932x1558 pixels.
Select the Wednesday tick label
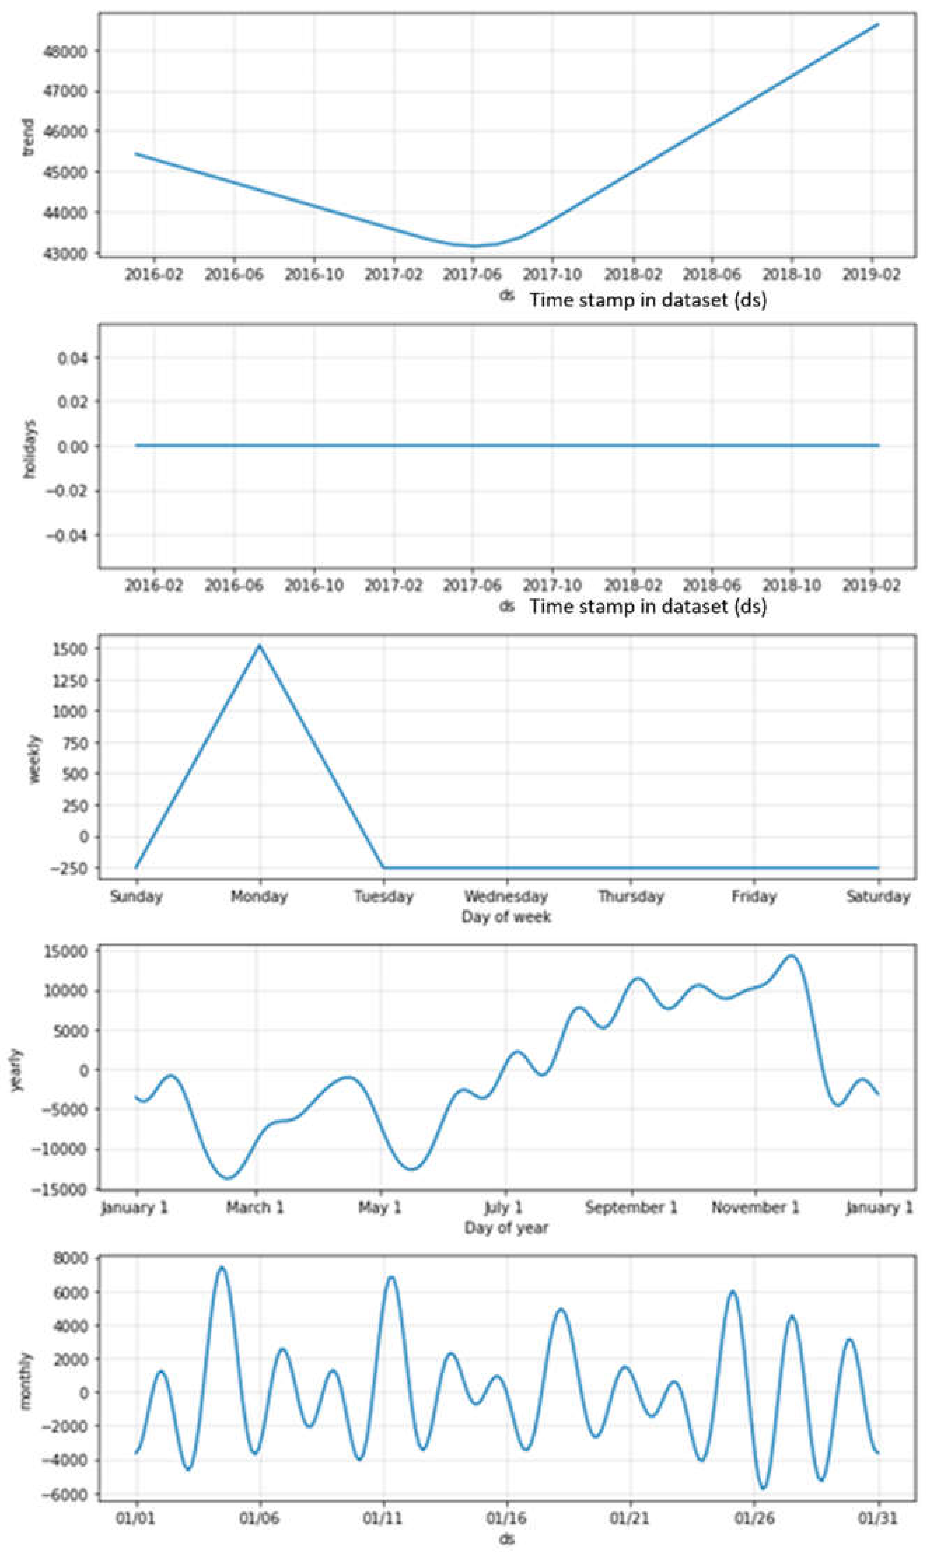[506, 896]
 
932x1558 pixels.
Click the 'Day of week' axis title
[506, 917]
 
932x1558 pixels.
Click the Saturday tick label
[878, 896]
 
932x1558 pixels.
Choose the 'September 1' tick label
[631, 1208]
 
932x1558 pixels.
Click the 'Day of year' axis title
[506, 1228]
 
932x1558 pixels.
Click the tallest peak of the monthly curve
[221, 1268]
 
